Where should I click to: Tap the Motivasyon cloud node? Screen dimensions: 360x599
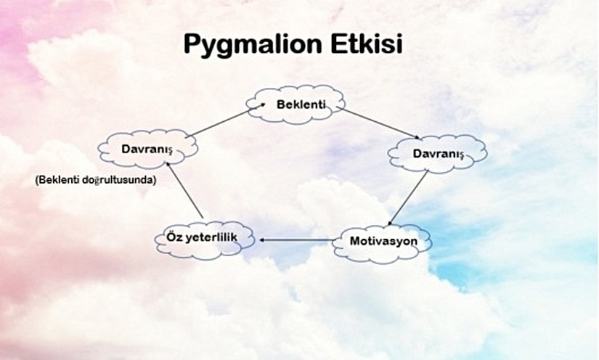click(383, 240)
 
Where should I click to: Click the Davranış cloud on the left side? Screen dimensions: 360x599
click(148, 150)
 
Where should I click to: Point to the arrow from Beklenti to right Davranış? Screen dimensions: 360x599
click(378, 123)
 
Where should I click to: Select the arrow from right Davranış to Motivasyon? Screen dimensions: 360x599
click(408, 197)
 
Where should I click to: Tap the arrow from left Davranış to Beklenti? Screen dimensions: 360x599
click(218, 123)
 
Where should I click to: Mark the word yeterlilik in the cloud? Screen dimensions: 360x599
click(215, 238)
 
